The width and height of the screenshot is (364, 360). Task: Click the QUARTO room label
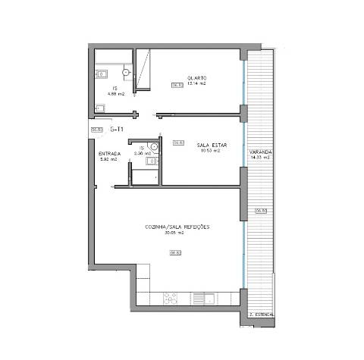pos(198,77)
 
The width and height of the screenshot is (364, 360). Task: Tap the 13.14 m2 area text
pos(198,84)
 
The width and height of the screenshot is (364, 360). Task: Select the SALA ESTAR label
pos(209,144)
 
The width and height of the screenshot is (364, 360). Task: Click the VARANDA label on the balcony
pos(259,152)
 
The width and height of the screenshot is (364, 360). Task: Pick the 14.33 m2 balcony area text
pos(259,158)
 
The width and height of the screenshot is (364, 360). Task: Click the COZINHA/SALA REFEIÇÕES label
pos(177,227)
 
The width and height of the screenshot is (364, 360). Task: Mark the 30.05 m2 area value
pos(176,233)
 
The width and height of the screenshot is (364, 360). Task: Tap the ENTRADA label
pos(108,154)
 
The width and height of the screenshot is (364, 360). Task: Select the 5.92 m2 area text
pos(108,160)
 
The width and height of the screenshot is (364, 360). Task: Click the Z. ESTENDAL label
pos(261,313)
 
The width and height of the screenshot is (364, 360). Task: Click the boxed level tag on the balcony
pos(260,210)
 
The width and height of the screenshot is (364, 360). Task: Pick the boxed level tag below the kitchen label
pos(174,253)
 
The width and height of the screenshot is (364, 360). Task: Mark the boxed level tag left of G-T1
pos(96,130)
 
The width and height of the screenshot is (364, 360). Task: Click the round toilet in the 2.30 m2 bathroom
pos(153,147)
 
